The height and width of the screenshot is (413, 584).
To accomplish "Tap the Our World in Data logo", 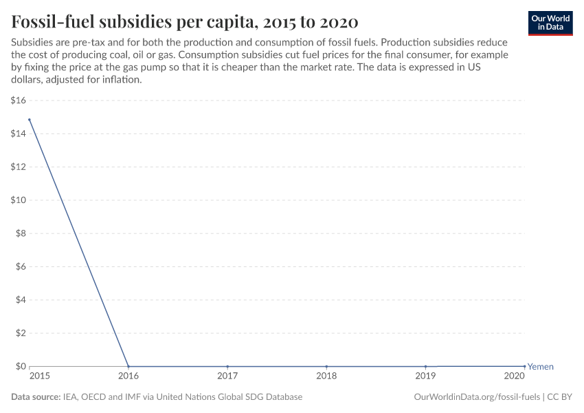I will click(550, 23).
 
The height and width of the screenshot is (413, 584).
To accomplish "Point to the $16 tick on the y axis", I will click(19, 100).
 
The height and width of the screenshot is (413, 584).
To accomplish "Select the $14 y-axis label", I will click(19, 134).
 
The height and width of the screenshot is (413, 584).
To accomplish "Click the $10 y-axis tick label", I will click(19, 200).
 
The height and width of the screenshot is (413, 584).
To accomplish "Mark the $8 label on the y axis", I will click(21, 233).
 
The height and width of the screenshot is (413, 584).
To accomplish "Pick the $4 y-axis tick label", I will click(21, 300).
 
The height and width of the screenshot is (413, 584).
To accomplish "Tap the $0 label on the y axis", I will click(21, 366).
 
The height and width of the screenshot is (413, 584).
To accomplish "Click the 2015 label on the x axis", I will click(39, 377).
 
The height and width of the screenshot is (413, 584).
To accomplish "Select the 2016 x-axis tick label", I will click(128, 377).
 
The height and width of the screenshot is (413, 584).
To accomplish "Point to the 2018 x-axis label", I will click(326, 377).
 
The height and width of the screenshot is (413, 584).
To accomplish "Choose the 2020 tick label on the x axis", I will click(515, 377).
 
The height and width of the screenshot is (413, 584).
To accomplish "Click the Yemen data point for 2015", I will click(30, 120).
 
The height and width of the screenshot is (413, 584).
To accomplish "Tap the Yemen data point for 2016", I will click(128, 366).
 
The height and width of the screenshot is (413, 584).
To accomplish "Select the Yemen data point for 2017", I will click(227, 366).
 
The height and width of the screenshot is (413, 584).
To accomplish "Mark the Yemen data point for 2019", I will click(426, 366).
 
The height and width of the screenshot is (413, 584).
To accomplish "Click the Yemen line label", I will click(540, 367).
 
